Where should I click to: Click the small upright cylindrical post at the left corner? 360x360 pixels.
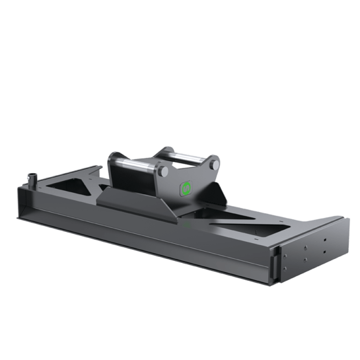click(30, 180)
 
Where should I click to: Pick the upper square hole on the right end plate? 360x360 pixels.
click(306, 249)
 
